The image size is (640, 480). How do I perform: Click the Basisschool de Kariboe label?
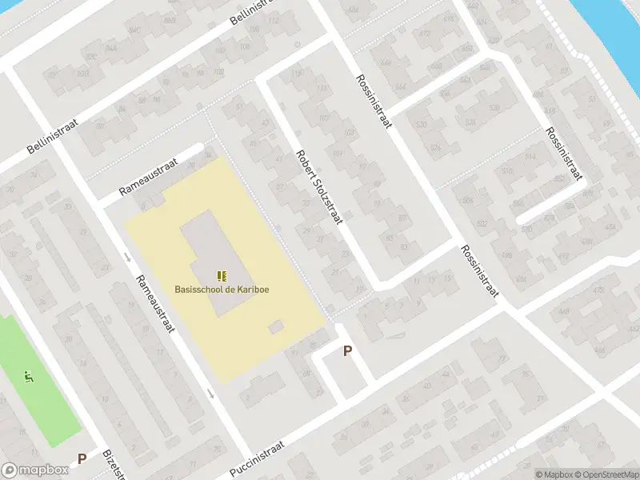(x=222, y=289)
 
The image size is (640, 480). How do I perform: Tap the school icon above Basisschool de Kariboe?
(x=222, y=276)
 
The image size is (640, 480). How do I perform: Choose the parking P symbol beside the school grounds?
(x=347, y=350)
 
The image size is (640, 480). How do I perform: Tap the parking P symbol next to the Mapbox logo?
(x=82, y=459)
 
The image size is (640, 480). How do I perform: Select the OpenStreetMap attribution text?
(x=606, y=474)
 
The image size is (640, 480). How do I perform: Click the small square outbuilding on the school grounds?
(x=276, y=327)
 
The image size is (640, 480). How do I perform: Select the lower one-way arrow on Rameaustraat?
(x=210, y=394)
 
